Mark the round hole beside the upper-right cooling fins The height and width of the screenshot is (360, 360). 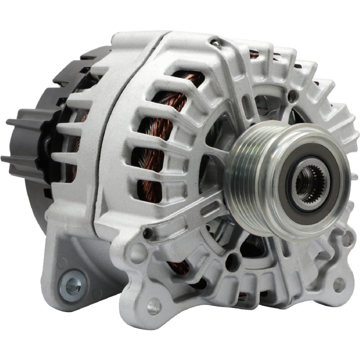293,96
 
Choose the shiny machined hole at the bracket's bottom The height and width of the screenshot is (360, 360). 154,306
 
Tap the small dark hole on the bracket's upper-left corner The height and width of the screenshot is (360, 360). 147,234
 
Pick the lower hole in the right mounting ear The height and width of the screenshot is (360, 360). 338,284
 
